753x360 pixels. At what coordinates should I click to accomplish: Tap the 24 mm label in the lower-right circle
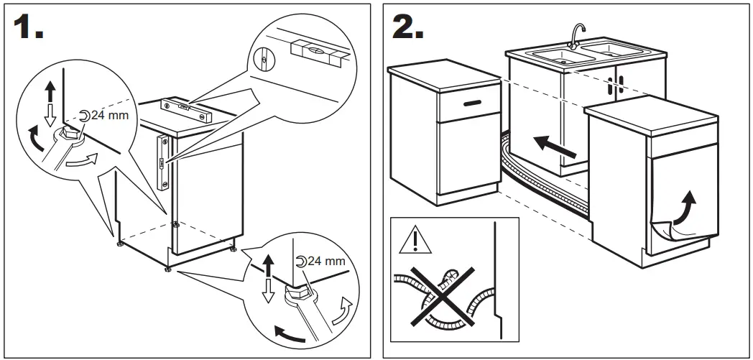(x=321, y=261)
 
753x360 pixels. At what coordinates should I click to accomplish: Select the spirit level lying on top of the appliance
(x=186, y=108)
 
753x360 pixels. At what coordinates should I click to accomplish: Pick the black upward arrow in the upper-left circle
(x=50, y=91)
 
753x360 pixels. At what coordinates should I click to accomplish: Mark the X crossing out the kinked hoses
(x=438, y=294)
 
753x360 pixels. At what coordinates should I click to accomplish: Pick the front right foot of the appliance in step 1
(x=232, y=249)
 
